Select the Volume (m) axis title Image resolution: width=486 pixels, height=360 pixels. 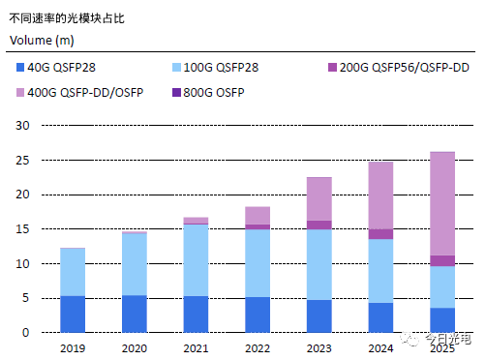[x=42, y=39]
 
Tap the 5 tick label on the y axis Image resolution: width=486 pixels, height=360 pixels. [x=27, y=298]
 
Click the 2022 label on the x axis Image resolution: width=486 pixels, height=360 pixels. [x=257, y=346]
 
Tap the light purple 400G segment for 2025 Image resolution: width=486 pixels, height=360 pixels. [x=441, y=203]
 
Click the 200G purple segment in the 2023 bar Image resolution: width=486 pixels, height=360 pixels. [x=319, y=225]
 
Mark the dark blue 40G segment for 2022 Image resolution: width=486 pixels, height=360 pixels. [x=257, y=315]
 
